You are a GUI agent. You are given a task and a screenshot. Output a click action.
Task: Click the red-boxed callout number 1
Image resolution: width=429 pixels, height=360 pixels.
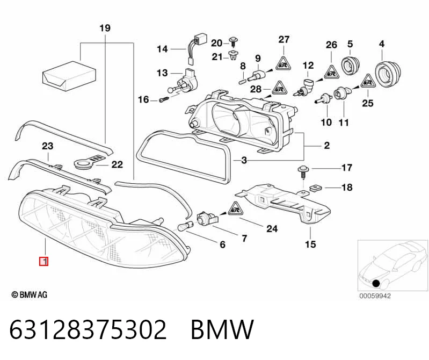click(44, 262)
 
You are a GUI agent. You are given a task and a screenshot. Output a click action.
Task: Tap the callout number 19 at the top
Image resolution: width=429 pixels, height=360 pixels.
click(105, 28)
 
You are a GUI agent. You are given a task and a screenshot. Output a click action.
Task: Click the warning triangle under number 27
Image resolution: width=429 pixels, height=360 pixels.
click(283, 64)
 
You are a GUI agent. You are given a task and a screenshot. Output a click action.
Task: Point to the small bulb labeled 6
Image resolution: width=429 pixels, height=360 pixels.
click(183, 227)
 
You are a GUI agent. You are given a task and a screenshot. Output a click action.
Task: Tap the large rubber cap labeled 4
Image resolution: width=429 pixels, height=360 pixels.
click(387, 72)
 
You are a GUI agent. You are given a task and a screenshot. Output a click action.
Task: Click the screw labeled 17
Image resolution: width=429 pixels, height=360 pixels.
click(303, 172)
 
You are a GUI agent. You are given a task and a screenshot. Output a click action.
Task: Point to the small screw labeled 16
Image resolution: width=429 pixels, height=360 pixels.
click(163, 99)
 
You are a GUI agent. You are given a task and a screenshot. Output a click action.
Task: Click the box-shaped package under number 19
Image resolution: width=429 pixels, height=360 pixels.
click(69, 76)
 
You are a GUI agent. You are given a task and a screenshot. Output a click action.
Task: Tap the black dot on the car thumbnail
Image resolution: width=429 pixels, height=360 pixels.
click(376, 283)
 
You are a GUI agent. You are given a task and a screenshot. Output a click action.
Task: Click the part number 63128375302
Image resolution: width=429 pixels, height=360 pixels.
click(88, 329)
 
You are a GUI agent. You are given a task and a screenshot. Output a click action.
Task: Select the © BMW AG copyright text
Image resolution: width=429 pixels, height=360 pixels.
click(30, 294)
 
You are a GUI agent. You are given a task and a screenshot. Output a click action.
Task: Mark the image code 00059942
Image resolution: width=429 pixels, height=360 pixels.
click(375, 296)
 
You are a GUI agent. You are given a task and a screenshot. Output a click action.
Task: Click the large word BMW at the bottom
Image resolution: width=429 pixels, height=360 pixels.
click(222, 329)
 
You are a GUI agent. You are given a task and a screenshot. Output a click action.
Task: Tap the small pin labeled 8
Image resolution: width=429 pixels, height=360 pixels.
click(242, 81)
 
